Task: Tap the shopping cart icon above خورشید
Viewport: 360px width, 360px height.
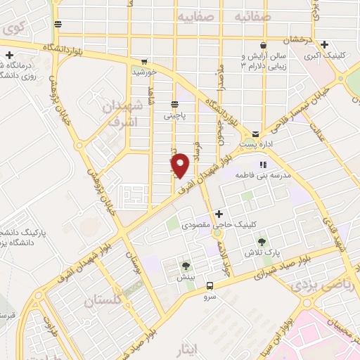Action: click(144, 61)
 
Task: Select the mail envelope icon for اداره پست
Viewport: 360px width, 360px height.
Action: click(255, 132)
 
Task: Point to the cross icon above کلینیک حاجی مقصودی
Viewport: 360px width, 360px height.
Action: click(219, 214)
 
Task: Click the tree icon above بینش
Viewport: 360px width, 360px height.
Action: click(186, 266)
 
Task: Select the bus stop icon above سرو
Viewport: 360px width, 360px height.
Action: click(210, 285)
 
